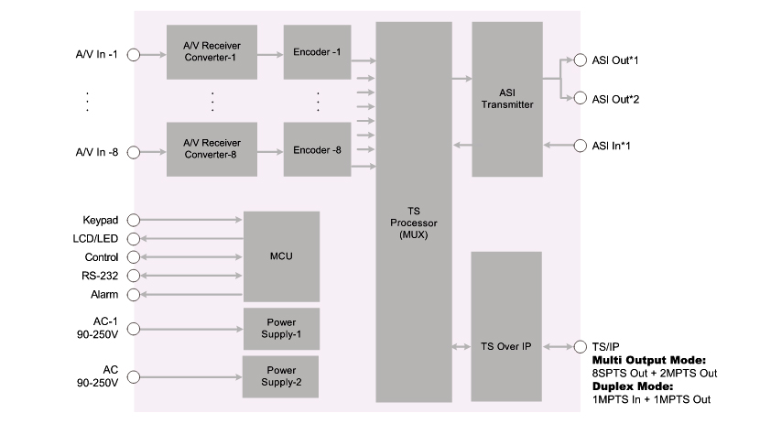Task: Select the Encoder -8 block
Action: [x=317, y=147]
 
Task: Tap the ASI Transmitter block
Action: [x=506, y=99]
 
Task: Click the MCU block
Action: [x=281, y=256]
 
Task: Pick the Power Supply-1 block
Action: [x=281, y=329]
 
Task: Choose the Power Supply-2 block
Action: [x=281, y=376]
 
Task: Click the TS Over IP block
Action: [x=506, y=347]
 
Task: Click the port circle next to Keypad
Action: [x=133, y=220]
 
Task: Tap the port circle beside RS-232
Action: [x=133, y=275]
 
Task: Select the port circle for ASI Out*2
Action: [x=581, y=98]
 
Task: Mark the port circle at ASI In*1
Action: [x=581, y=146]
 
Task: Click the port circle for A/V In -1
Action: [x=133, y=55]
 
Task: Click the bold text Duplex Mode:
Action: [x=633, y=386]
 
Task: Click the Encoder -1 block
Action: [x=317, y=52]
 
